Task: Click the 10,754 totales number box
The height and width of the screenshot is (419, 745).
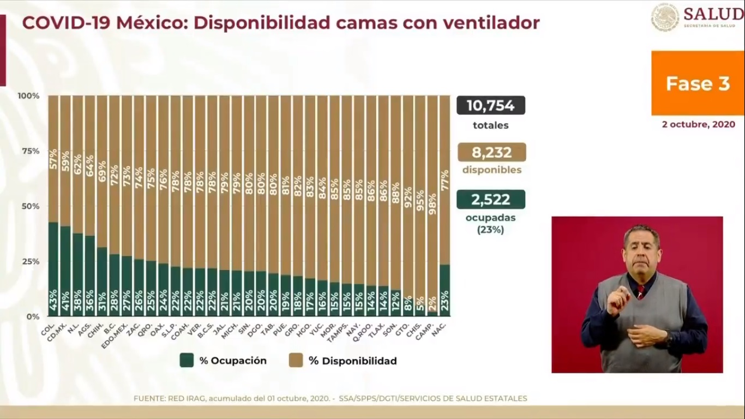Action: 491,105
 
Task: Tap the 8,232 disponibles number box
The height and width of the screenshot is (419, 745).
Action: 491,152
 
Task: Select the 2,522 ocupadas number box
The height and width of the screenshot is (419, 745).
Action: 491,199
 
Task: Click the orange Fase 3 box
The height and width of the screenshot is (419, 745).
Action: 698,83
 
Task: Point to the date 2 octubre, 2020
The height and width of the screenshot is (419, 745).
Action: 698,124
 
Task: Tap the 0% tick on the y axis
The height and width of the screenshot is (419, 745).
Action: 33,316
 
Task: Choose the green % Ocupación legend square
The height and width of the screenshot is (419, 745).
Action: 187,360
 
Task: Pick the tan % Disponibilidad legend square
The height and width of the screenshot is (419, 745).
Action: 296,360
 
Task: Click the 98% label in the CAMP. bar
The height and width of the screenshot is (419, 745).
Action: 432,204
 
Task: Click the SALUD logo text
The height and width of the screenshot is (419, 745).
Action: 713,14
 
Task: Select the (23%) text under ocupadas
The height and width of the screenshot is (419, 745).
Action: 491,230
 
